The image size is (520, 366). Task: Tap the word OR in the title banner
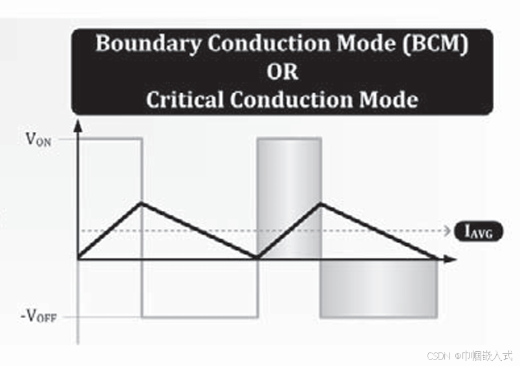[283, 72]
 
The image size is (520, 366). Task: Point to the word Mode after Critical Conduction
[385, 100]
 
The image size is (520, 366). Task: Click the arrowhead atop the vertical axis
[78, 125]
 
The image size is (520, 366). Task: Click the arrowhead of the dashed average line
[446, 231]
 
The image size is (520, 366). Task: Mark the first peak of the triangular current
[142, 204]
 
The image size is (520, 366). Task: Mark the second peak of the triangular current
[321, 204]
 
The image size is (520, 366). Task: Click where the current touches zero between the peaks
[257, 258]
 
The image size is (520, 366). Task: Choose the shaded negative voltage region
[379, 288]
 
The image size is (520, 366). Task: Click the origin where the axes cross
[78, 259]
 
